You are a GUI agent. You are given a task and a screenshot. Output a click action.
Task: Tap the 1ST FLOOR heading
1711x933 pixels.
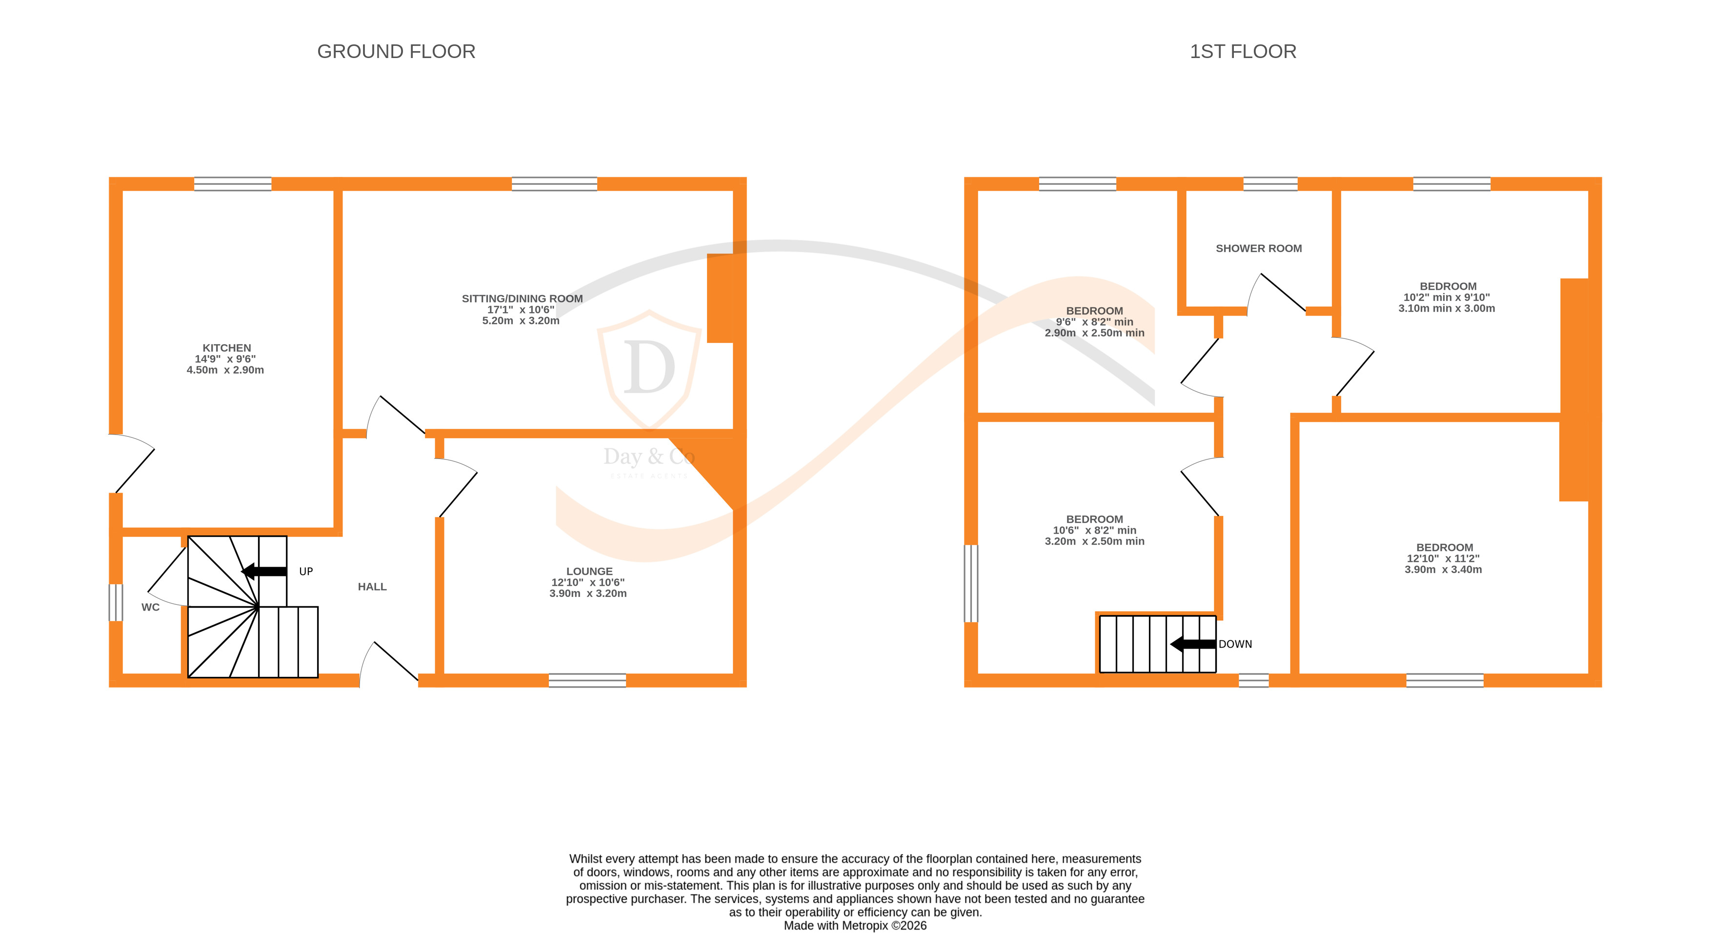click(1242, 51)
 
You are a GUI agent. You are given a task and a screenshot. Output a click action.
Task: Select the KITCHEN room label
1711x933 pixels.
click(226, 347)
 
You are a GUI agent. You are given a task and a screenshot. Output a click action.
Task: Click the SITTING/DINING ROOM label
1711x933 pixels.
click(522, 298)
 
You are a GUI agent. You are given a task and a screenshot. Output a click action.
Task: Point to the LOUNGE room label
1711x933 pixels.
click(589, 571)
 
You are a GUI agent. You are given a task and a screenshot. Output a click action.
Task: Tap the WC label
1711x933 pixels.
click(151, 607)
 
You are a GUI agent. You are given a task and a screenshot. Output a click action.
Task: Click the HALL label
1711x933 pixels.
click(372, 586)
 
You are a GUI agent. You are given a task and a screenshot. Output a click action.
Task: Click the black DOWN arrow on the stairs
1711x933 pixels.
click(1193, 643)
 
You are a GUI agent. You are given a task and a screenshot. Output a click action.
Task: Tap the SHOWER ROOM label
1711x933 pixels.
click(1258, 248)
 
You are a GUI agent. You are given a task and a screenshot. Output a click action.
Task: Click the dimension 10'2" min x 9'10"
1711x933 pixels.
click(1446, 298)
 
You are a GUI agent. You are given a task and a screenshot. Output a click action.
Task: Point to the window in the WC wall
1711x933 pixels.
click(116, 602)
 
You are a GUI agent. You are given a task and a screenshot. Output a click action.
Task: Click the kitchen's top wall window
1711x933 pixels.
click(232, 184)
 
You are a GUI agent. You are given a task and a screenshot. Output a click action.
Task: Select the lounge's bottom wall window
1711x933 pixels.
click(587, 680)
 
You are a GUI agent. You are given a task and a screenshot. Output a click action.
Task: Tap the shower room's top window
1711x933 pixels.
click(1270, 184)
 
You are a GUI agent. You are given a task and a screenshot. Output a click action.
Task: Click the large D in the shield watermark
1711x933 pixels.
click(649, 369)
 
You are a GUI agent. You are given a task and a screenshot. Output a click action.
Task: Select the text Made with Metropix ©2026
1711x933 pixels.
click(855, 925)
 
